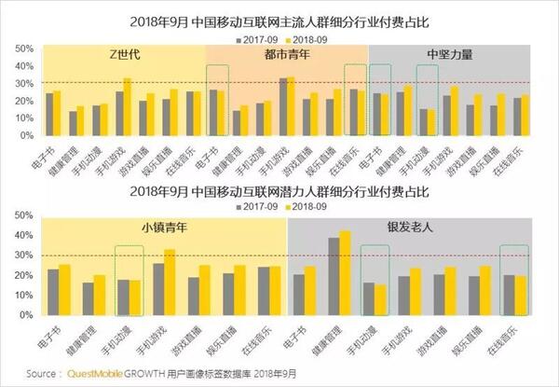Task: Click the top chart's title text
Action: click(x=279, y=19)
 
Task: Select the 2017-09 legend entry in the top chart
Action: click(x=259, y=39)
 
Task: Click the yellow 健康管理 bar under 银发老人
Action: click(x=346, y=273)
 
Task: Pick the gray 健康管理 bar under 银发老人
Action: click(x=334, y=277)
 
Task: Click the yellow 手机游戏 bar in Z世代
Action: click(x=128, y=109)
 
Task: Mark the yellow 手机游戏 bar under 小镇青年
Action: click(x=169, y=283)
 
